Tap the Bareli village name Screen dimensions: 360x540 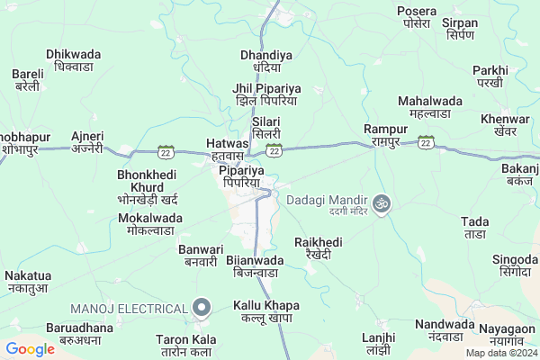pos(27,80)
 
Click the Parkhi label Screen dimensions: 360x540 pos(490,76)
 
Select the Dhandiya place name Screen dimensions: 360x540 pos(266,61)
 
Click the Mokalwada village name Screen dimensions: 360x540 pos(150,224)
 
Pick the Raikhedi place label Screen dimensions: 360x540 pos(319,248)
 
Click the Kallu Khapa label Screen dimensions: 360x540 pos(266,312)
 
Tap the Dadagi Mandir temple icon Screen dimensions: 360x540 pos(382,203)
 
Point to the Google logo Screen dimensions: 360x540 pos(30,349)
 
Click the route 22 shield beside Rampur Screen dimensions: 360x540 pos(425,141)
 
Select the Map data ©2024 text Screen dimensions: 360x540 pos(499,353)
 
